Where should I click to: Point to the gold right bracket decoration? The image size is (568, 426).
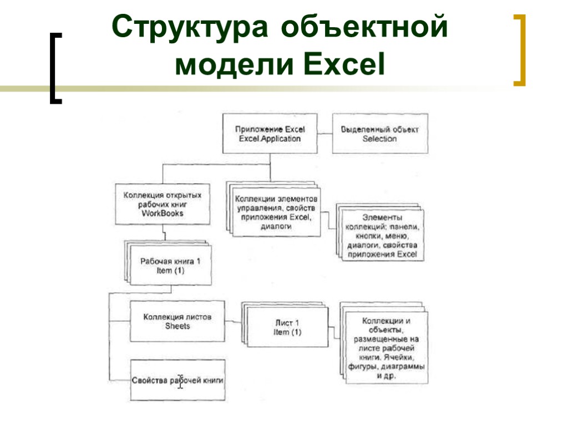point(520,50)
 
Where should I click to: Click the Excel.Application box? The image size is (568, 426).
point(270,134)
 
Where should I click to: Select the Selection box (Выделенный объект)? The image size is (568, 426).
point(380,134)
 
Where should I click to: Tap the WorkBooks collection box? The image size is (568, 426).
point(162,204)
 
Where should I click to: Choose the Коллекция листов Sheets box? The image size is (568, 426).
point(177,321)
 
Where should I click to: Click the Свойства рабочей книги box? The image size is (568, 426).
point(177,381)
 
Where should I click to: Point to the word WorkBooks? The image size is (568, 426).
point(162,213)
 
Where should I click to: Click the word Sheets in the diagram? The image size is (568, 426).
point(177,326)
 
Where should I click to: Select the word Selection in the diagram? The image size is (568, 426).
point(380,139)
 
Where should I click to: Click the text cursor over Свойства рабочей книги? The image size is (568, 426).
point(180,381)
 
